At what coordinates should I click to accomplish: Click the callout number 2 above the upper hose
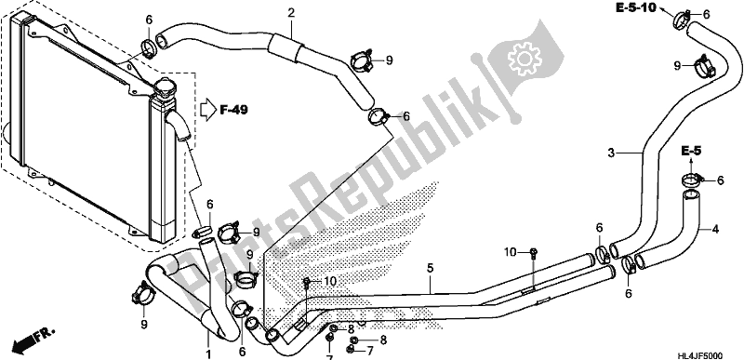[291, 12]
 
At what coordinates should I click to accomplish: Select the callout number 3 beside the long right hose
[611, 152]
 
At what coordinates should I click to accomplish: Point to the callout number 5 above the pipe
[431, 270]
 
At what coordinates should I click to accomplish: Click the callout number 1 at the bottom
[209, 353]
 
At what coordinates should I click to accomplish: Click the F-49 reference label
[235, 110]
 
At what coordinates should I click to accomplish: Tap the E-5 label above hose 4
[690, 150]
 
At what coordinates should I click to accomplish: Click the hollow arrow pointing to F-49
[206, 110]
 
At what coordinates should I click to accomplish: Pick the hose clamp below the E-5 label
[691, 179]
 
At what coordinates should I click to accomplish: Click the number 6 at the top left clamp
[149, 19]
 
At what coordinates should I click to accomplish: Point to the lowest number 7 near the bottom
[328, 356]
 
